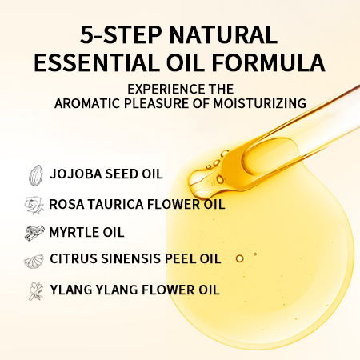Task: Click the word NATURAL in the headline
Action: click(223, 34)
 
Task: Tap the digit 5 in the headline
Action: click(86, 34)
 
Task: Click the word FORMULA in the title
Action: click(269, 62)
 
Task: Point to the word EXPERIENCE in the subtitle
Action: click(166, 89)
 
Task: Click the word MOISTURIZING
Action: click(259, 103)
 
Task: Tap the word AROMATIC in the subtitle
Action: click(88, 103)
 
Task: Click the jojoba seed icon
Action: click(36, 175)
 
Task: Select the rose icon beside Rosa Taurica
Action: click(34, 205)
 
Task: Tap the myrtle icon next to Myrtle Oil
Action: click(34, 232)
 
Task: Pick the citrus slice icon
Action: click(34, 261)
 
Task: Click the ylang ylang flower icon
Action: click(36, 291)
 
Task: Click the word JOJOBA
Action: click(76, 174)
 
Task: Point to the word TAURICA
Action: click(116, 205)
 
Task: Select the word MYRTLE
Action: click(70, 232)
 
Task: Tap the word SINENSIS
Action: click(131, 258)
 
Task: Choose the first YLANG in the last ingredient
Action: click(71, 290)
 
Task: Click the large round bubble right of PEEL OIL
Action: click(239, 258)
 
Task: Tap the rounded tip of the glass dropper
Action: click(194, 182)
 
